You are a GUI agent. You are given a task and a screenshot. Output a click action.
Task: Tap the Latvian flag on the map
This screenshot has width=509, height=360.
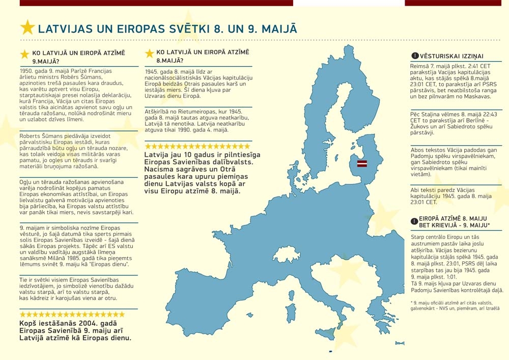[x=362, y=163]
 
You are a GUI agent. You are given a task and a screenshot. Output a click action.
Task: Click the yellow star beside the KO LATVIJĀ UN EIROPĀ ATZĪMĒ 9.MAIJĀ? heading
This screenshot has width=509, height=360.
[x=24, y=54]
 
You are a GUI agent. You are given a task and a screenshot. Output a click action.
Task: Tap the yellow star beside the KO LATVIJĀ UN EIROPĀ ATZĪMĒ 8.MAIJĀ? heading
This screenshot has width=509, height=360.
[x=149, y=53]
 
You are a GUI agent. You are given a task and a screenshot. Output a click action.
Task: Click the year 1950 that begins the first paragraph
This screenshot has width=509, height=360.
[x=25, y=71]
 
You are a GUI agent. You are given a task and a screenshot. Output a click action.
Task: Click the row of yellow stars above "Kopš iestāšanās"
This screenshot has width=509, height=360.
[x=71, y=314]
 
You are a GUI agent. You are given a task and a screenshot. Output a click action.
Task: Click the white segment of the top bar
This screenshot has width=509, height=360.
[x=349, y=3]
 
